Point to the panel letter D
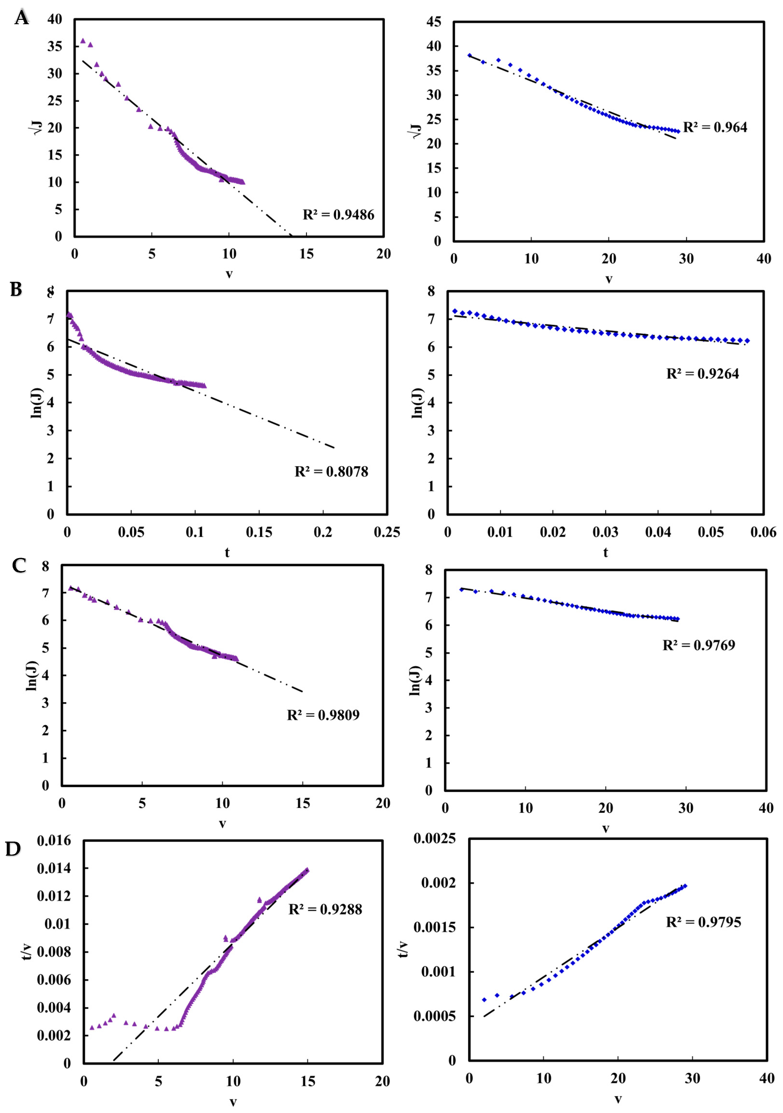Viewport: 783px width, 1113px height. point(13,848)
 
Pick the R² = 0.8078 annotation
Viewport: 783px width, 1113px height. point(331,472)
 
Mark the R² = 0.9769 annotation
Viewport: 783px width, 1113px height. point(699,645)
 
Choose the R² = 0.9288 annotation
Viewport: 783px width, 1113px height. point(325,909)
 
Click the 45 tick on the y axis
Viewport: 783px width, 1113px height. point(434,22)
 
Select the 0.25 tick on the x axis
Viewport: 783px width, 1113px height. point(387,532)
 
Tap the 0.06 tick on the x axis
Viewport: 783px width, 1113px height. point(763,532)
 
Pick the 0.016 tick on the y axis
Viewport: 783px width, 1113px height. point(54,840)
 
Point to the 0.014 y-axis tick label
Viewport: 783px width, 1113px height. point(54,868)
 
